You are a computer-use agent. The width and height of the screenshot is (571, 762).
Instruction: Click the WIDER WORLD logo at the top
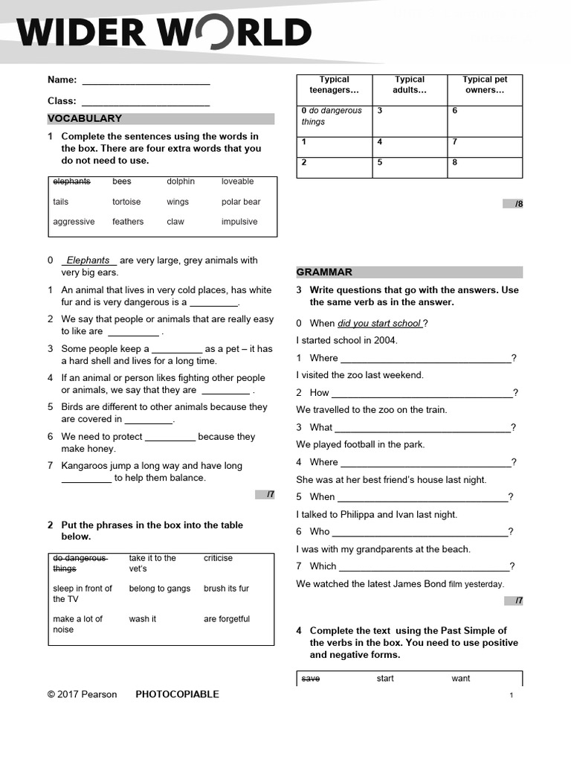coord(164,32)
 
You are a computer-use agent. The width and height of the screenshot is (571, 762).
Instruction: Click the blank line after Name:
coord(146,80)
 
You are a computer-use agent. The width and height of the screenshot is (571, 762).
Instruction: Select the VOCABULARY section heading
coord(85,118)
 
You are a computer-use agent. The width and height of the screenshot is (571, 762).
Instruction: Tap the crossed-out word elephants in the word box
coord(71,182)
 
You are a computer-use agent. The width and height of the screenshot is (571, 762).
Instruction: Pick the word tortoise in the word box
coord(126,202)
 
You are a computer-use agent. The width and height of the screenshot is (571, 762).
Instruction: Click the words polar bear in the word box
coord(241,202)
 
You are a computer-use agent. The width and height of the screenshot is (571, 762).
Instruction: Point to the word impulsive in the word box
coord(239,222)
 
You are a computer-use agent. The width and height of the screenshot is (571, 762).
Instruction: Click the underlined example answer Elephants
coord(88,260)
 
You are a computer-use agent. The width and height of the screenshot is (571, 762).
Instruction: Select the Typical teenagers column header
coord(334,85)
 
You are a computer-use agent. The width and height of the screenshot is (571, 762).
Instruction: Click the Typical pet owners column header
coord(485,85)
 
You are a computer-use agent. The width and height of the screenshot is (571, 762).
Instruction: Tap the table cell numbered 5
coord(409,167)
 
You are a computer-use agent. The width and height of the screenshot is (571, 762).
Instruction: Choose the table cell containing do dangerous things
coord(334,120)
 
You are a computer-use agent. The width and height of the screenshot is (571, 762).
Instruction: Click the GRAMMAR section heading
coord(324,272)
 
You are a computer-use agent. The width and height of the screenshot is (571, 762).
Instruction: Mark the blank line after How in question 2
coord(422,393)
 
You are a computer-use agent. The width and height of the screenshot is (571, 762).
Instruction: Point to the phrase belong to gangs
coord(159,589)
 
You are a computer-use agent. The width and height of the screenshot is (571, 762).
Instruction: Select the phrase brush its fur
coord(226,589)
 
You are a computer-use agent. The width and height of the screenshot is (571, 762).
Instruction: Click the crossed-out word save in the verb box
coord(310,679)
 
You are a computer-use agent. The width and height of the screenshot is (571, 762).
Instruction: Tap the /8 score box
coord(513,204)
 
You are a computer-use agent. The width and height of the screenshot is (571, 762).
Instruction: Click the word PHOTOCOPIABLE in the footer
coord(177,694)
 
